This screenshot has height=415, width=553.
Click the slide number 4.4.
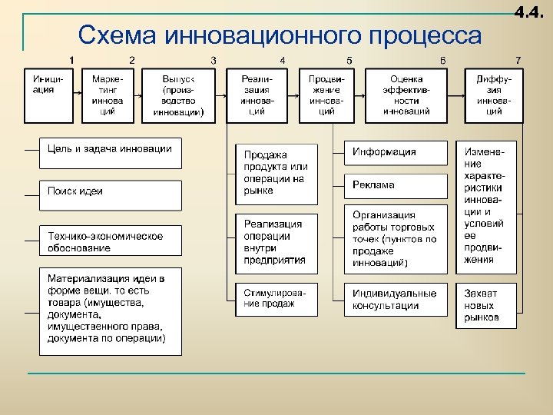[x=531, y=13]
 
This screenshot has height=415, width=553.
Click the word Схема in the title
[x=118, y=36]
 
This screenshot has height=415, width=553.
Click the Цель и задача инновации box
[x=111, y=153]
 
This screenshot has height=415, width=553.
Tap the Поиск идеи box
[x=111, y=195]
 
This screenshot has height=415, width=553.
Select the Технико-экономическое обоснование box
[x=111, y=241]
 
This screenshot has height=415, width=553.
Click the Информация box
[x=395, y=153]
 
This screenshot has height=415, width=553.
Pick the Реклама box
[x=395, y=185]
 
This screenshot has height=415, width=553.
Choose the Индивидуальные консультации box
[x=395, y=300]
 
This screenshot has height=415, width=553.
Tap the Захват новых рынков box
[x=489, y=305]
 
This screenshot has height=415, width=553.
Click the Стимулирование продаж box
[x=276, y=300]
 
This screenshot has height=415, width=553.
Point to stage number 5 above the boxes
[x=349, y=60]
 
